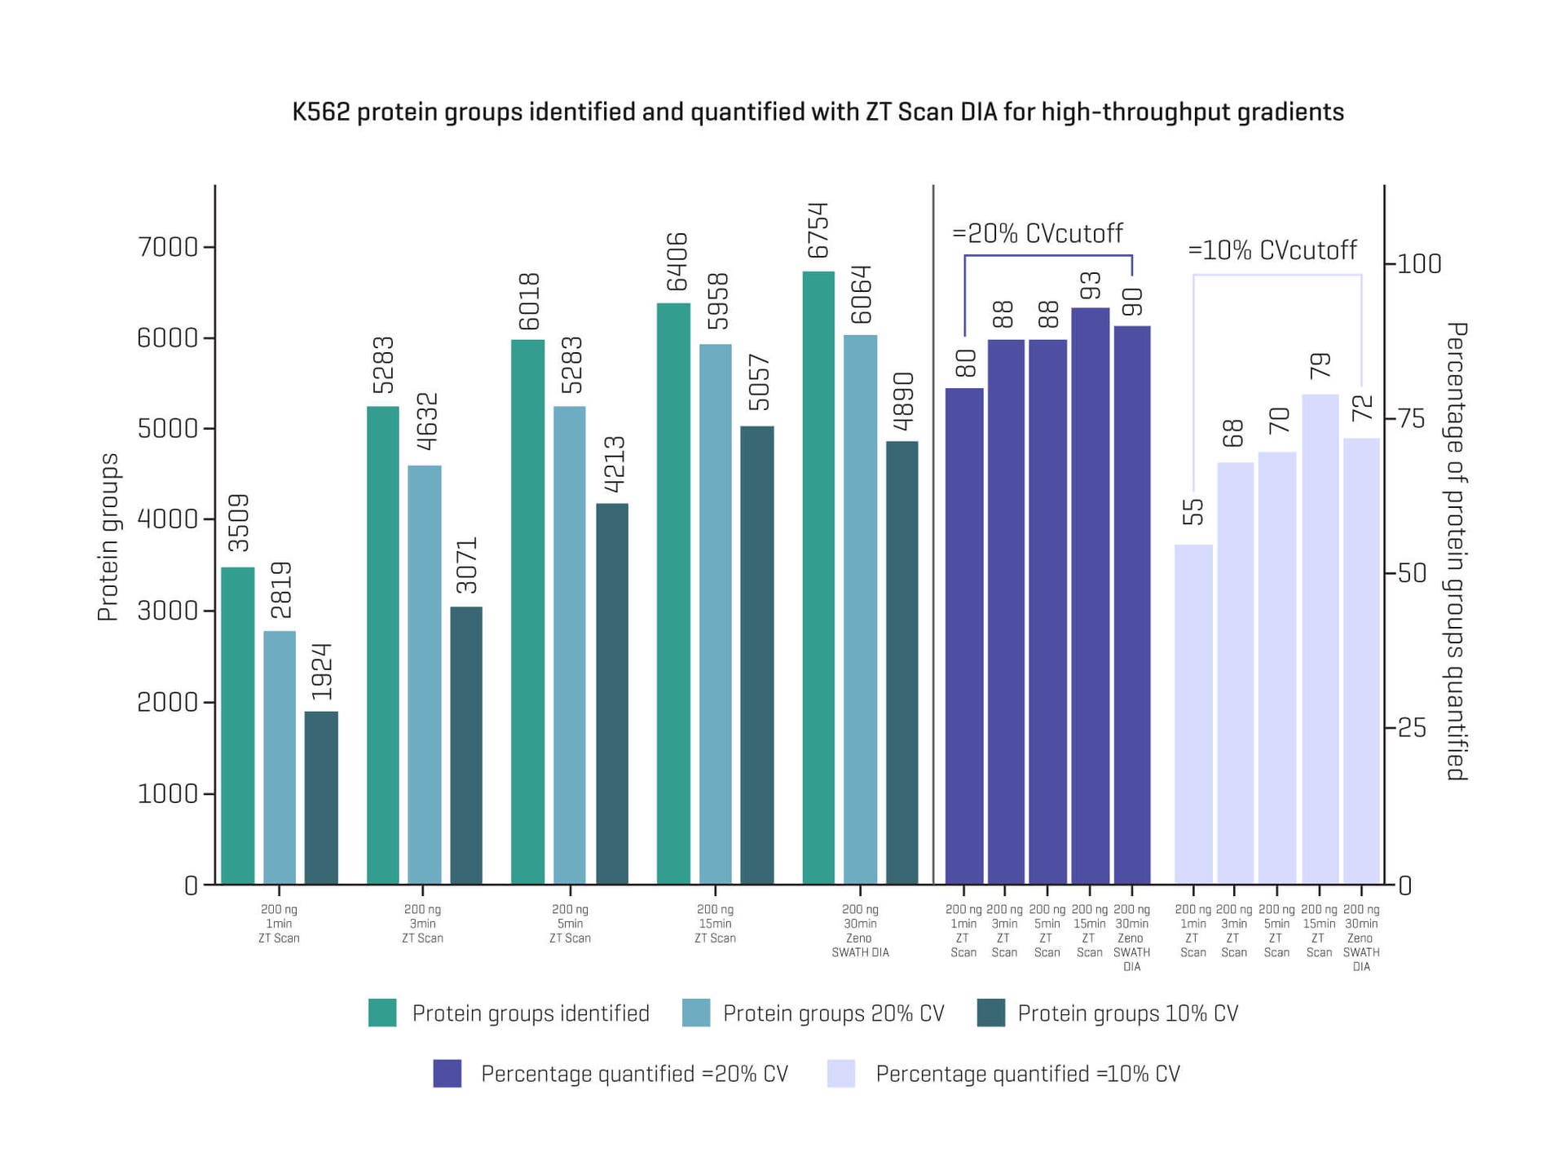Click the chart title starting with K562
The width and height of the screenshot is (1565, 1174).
[x=818, y=112]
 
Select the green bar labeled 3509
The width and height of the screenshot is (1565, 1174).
[x=237, y=726]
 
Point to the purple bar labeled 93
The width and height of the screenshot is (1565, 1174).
[x=1090, y=595]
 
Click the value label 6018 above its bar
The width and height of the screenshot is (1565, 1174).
[x=529, y=302]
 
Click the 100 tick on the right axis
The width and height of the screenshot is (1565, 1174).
[x=1419, y=264]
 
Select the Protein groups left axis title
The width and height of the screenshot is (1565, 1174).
[x=108, y=537]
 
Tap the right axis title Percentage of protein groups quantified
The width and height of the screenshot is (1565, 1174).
[x=1456, y=551]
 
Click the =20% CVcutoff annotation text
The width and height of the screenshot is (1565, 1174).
[x=1038, y=234]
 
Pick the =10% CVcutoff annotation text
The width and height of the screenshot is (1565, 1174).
[x=1272, y=250]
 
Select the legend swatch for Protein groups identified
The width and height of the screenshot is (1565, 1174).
[x=382, y=1013]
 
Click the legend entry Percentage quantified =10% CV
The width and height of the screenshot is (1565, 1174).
[x=1027, y=1074]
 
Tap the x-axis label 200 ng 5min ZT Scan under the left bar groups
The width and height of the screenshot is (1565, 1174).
[x=570, y=924]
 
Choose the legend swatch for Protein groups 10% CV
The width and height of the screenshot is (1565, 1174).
[x=990, y=1013]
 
